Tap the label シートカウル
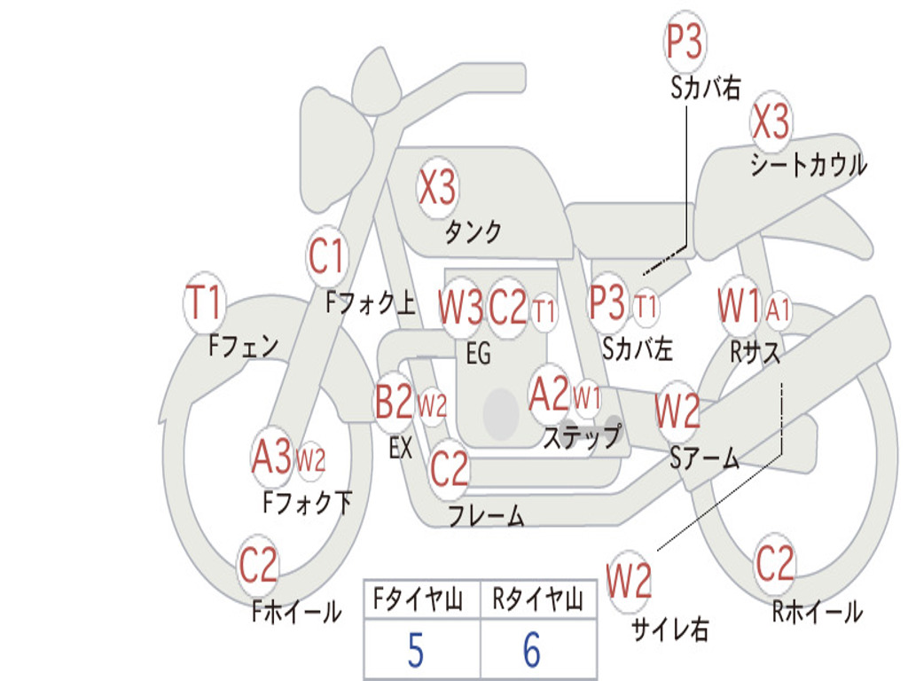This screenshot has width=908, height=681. [808, 165]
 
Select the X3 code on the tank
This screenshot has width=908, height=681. [436, 187]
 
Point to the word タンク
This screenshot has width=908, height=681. [472, 232]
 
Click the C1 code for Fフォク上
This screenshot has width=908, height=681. [326, 257]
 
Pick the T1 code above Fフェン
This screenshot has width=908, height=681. [204, 303]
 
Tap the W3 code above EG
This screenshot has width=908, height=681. [460, 307]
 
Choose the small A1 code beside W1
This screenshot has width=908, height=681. [779, 310]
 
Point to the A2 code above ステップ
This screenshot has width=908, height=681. [548, 394]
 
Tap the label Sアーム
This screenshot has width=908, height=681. [704, 458]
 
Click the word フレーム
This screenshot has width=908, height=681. [486, 515]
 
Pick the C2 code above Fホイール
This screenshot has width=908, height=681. [258, 565]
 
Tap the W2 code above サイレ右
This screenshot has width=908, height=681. [629, 581]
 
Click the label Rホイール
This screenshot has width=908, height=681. [817, 611]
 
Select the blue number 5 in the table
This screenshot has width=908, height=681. [415, 651]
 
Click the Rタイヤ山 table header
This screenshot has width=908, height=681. [537, 600]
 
